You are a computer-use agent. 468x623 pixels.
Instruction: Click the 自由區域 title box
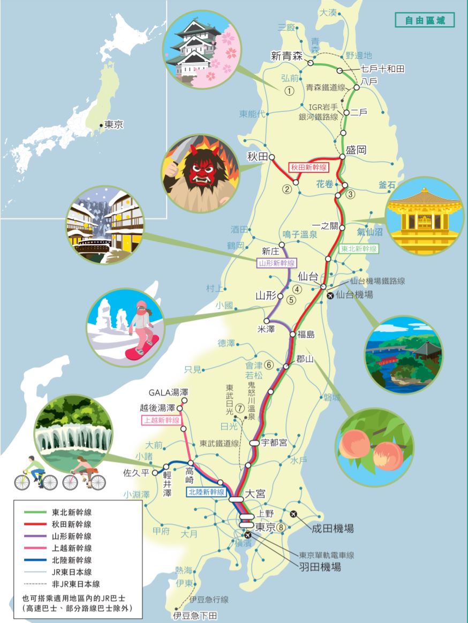click(425, 20)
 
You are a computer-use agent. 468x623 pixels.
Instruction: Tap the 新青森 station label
click(287, 56)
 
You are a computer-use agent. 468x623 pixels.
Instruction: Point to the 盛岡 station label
click(356, 150)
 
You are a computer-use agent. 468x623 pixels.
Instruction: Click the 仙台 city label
click(307, 277)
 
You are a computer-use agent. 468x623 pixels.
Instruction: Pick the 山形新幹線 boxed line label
click(276, 263)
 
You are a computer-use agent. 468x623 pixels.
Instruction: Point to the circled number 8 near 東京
click(281, 527)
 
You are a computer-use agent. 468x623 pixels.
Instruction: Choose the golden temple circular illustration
click(425, 216)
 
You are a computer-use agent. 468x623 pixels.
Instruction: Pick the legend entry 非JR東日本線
click(76, 584)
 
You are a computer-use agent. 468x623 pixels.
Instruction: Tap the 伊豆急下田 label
click(195, 616)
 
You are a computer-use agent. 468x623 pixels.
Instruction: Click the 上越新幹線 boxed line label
click(161, 421)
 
